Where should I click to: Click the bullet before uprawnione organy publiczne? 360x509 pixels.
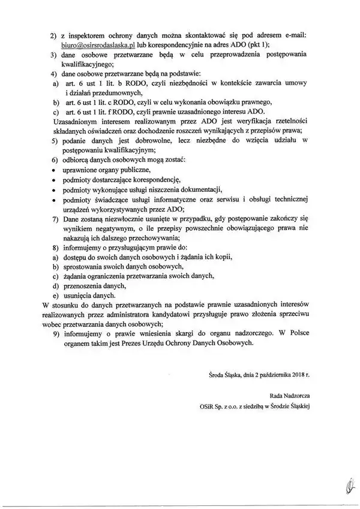54,170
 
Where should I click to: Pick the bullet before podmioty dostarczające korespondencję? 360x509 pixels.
54,180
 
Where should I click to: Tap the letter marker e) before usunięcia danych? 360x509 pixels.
55,296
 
